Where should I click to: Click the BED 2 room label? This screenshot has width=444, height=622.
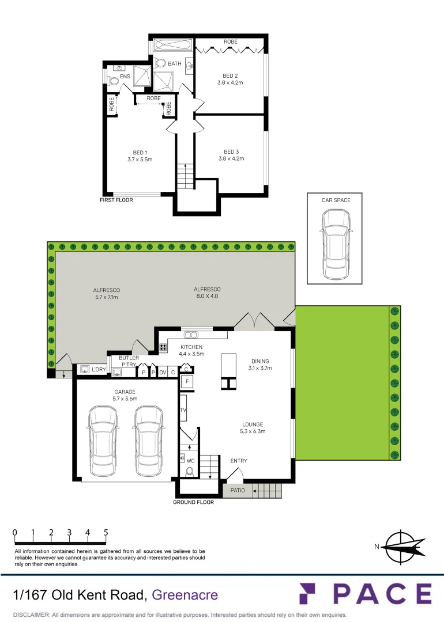230,75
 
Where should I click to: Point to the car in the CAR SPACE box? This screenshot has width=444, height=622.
336,244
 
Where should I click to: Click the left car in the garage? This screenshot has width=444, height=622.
103,441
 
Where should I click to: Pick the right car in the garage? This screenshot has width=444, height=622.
148,441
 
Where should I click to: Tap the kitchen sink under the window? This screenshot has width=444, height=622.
190,334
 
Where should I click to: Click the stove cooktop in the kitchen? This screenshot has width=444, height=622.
163,347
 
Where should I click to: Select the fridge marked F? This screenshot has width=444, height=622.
187,381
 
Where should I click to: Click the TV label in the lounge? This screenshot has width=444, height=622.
183,410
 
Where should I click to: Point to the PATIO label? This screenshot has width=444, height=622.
238,491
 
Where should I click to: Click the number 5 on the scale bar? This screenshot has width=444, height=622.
106,533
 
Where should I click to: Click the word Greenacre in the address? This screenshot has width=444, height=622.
185,594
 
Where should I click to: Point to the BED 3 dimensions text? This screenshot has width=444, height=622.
231,158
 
